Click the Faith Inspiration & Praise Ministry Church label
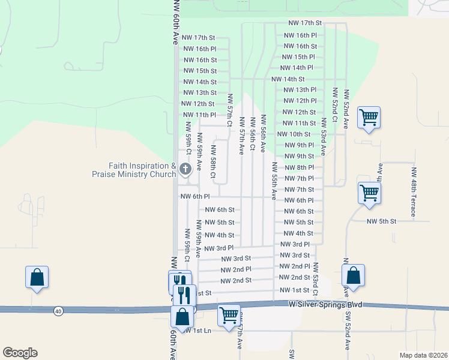(142, 170)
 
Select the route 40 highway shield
(58, 310)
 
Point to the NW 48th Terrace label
(414, 192)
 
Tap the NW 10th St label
(297, 134)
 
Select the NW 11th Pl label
(199, 115)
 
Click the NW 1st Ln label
(199, 331)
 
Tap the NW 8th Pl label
(298, 167)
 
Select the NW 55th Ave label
(273, 180)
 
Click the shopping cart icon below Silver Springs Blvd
(229, 314)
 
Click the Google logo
(20, 353)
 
